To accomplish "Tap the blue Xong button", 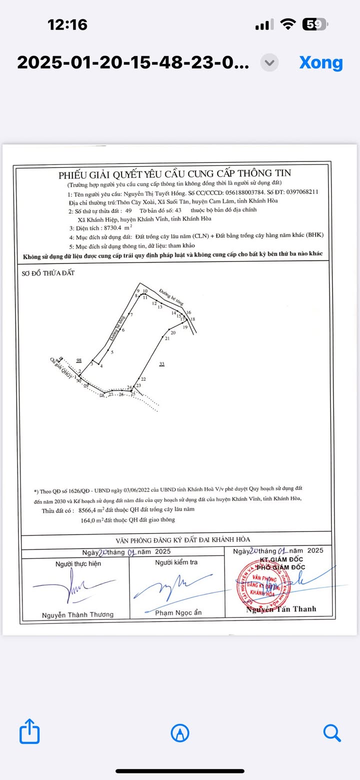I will click(x=321, y=62).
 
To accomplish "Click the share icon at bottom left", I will click(x=29, y=732).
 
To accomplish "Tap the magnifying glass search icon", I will click(x=331, y=732).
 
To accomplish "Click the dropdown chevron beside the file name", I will click(x=269, y=62).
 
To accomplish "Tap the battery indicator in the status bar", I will click(x=314, y=24).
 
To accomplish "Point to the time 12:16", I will click(x=67, y=24).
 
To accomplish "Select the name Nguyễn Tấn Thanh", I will click(x=281, y=609).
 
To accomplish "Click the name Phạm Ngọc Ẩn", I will click(x=178, y=612).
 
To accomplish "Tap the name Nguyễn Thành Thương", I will click(x=77, y=614).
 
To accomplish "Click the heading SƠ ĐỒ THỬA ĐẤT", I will click(x=48, y=273).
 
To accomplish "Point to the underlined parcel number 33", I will click(x=161, y=364).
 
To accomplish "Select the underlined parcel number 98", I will click(x=78, y=360).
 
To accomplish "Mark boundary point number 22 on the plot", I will click(x=143, y=379).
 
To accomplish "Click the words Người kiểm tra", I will click(x=176, y=562).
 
